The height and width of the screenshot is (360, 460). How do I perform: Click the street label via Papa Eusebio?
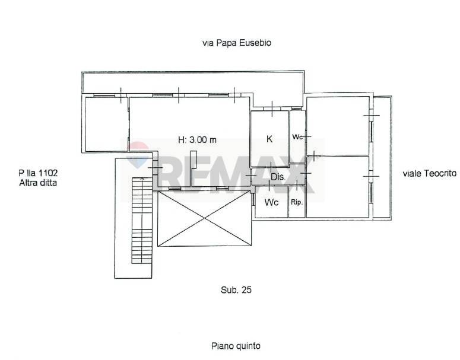point(237,43)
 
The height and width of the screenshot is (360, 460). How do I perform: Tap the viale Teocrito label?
point(430,174)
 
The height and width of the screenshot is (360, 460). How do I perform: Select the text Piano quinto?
point(236,346)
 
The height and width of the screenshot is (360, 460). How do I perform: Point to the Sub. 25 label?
point(236,290)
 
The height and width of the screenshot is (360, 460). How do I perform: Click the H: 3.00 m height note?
point(198,140)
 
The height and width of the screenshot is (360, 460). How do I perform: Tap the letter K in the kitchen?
point(269,139)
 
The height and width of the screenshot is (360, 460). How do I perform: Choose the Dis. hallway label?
point(278,177)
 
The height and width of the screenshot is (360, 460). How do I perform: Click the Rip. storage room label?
point(297,202)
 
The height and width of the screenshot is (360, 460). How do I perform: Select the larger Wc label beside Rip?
point(271,202)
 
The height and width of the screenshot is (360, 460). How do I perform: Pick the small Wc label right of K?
point(297,137)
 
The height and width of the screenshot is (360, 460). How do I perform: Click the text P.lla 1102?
point(38,173)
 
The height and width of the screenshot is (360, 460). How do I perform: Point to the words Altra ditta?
point(38,183)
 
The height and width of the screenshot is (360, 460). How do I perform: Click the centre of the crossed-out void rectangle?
point(204,218)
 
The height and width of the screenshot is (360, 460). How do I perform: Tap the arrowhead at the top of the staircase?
point(142,178)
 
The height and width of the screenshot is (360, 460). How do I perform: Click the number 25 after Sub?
point(247,290)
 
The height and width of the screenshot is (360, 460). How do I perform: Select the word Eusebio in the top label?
point(255,43)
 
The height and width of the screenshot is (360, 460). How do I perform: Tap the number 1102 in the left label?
point(49,173)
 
